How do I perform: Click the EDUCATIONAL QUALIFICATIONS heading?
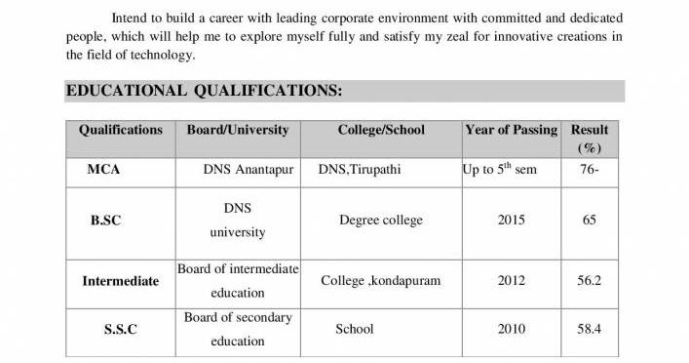(x=203, y=92)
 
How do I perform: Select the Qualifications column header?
(x=121, y=130)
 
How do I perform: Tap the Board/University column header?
(x=238, y=130)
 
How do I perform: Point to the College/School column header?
(x=381, y=130)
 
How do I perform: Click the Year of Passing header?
(x=511, y=130)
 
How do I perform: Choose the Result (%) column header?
(x=590, y=139)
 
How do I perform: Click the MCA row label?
(x=103, y=170)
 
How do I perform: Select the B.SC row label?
(x=105, y=221)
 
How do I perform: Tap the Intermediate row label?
(x=120, y=281)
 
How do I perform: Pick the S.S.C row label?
(x=120, y=330)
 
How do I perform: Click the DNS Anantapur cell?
(x=248, y=170)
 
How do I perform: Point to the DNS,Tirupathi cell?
(x=360, y=170)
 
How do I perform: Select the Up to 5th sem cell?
(x=499, y=169)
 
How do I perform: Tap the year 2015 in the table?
(x=512, y=221)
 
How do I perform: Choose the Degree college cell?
(x=381, y=221)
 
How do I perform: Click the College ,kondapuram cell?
(x=381, y=281)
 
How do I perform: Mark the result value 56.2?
(x=590, y=281)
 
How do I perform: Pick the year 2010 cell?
(x=512, y=330)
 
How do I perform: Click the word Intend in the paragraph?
(x=131, y=19)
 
